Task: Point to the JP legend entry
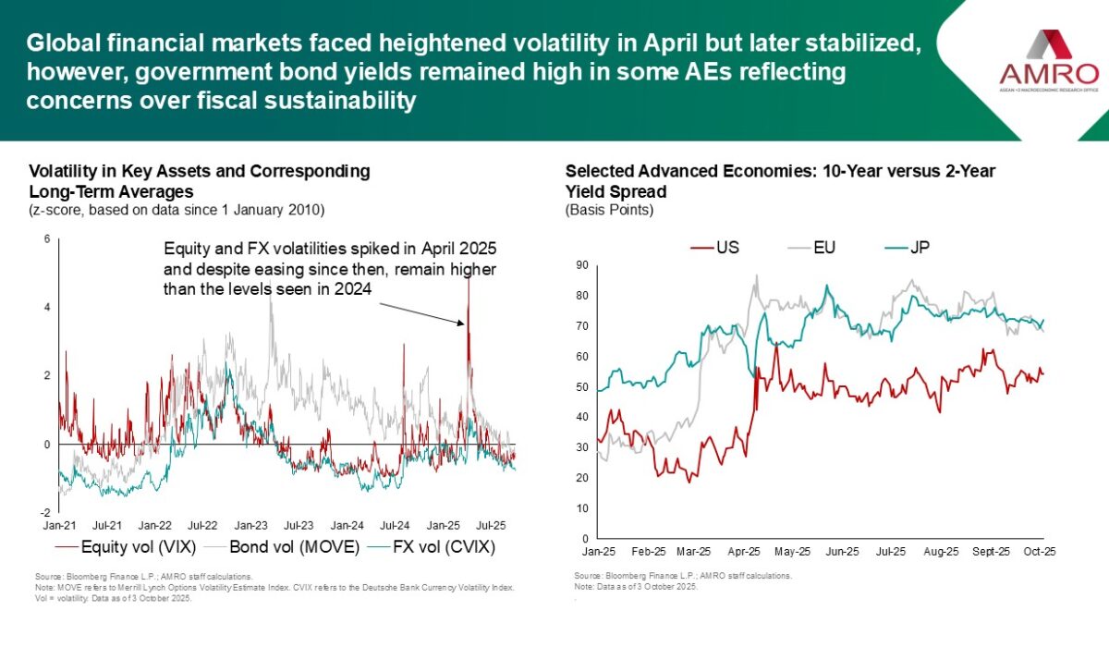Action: tap(911, 248)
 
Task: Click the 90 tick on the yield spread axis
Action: tap(583, 265)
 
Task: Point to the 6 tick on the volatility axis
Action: tap(47, 240)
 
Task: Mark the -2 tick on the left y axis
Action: tap(45, 512)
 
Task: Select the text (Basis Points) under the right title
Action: tap(609, 211)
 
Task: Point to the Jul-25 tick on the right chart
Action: tap(891, 551)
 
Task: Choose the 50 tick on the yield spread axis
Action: tap(583, 386)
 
